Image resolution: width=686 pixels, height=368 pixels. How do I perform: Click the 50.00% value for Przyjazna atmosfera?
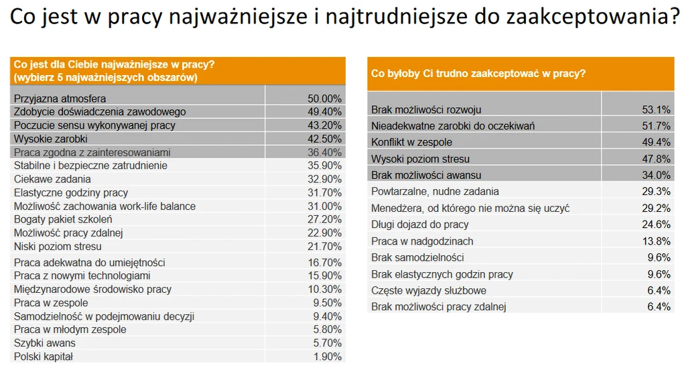click(320, 99)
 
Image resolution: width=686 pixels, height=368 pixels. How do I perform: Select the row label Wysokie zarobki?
click(51, 139)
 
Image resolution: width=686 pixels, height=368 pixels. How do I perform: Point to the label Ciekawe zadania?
click(52, 179)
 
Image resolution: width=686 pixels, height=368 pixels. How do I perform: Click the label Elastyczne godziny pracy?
click(71, 192)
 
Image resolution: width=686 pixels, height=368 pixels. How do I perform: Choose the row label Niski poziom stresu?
click(58, 246)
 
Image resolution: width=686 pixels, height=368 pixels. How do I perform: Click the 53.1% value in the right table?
click(656, 109)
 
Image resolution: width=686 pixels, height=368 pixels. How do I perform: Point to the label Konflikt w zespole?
click(411, 142)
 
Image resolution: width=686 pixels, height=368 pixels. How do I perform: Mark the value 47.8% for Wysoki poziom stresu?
click(656, 159)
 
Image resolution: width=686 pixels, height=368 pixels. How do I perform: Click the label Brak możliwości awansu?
click(426, 175)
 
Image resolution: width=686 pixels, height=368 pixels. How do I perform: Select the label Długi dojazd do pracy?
click(420, 225)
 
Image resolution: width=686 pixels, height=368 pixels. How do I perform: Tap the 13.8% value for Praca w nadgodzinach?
click(656, 241)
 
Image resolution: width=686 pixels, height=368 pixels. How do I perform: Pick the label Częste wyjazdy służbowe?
click(429, 290)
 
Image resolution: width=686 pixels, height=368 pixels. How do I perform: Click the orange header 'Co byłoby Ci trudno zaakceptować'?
click(478, 74)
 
